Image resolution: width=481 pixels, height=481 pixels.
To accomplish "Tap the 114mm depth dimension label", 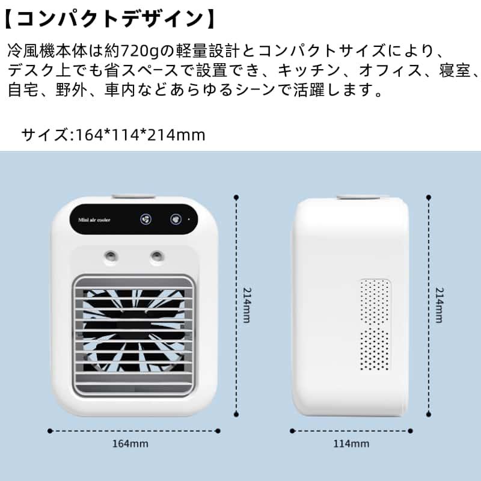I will [x=351, y=444].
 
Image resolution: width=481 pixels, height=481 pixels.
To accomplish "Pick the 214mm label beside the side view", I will [x=439, y=305].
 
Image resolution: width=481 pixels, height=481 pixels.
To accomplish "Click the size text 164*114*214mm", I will [x=141, y=134].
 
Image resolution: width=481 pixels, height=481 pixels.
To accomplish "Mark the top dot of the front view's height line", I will [x=237, y=196].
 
